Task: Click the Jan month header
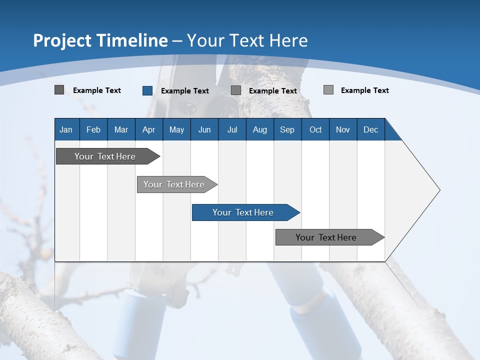click(x=66, y=130)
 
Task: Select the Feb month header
click(x=93, y=130)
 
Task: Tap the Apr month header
click(x=148, y=130)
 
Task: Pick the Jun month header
click(x=204, y=130)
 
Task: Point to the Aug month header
click(x=259, y=130)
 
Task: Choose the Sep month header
click(x=287, y=130)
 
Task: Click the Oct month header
click(x=315, y=130)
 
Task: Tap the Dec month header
click(x=370, y=130)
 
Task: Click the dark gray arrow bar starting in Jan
click(x=105, y=156)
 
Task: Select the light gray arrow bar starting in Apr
click(x=174, y=184)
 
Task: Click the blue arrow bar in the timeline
click(x=243, y=212)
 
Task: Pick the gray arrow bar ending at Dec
click(x=326, y=237)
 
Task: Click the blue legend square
click(x=147, y=90)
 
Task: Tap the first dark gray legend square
click(x=59, y=90)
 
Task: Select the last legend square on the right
click(x=328, y=90)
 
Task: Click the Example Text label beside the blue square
click(x=185, y=91)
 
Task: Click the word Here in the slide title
click(x=289, y=40)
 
